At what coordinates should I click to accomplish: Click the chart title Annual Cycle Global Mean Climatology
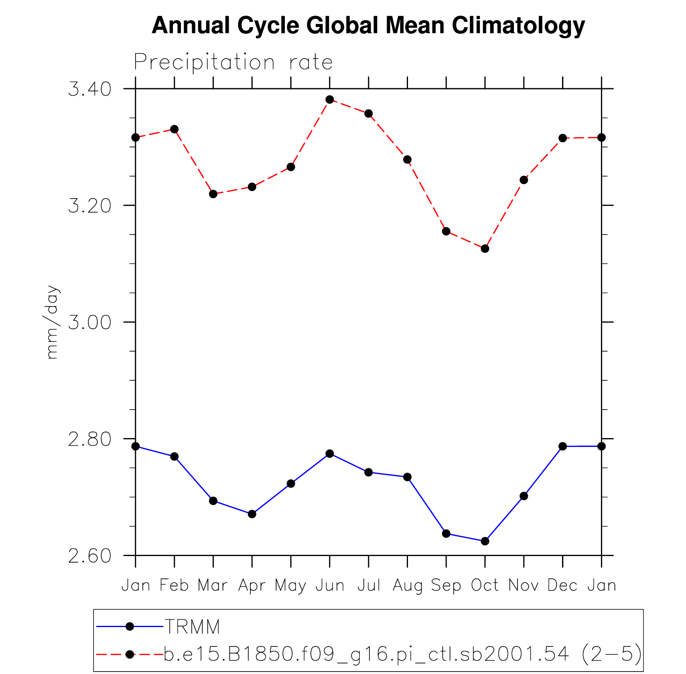click(x=368, y=26)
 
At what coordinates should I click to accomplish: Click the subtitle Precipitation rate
click(x=233, y=63)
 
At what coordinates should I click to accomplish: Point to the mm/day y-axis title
click(x=52, y=322)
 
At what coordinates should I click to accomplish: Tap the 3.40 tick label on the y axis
click(x=89, y=89)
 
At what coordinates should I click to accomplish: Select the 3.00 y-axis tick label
click(x=89, y=323)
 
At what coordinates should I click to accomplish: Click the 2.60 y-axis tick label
click(x=89, y=556)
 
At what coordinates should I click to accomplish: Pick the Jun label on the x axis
click(x=330, y=586)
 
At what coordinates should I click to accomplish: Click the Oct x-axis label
click(x=485, y=586)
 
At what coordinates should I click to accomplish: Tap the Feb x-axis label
click(x=174, y=586)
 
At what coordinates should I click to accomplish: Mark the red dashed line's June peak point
click(x=330, y=99)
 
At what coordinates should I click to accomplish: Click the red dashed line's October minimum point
click(x=485, y=249)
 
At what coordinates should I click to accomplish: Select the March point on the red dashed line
click(x=213, y=194)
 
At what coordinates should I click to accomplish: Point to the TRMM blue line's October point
click(x=485, y=541)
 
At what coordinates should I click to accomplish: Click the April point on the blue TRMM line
click(x=252, y=514)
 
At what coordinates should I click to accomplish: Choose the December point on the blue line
click(x=562, y=446)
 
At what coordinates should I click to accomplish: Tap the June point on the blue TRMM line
click(x=330, y=454)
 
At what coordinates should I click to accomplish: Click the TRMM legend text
click(x=192, y=627)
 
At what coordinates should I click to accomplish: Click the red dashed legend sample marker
click(x=130, y=654)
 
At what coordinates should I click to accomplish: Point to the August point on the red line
click(x=407, y=160)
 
